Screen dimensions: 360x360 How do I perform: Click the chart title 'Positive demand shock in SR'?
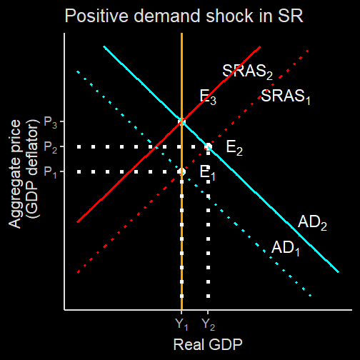pos(184,16)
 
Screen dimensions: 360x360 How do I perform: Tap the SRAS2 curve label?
pos(247,71)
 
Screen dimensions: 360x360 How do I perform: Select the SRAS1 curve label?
pos(286,96)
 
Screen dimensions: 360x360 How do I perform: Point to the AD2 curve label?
pos(312,223)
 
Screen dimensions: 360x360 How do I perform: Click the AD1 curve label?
pos(286,248)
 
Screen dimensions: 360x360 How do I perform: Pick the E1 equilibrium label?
pos(207,173)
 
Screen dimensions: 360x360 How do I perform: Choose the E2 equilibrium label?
pos(234,148)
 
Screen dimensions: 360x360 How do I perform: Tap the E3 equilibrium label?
pos(208,97)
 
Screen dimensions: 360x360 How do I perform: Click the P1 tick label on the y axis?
pos(51,172)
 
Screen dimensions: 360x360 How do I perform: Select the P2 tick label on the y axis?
pos(51,147)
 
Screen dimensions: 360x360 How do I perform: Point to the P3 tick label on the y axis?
pos(51,122)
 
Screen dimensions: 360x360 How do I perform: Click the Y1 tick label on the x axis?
pos(181,324)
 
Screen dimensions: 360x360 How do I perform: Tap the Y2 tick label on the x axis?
pos(208,324)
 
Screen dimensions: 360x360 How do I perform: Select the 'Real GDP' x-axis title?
pos(208,344)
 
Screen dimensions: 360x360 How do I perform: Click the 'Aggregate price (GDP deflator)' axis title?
pos(24,174)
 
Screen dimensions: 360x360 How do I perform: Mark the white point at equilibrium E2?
pos(208,146)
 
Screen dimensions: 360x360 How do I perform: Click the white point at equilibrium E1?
pos(181,171)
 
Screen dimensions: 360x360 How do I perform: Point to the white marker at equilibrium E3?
pos(181,122)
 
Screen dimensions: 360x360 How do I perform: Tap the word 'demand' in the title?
pos(167,16)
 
